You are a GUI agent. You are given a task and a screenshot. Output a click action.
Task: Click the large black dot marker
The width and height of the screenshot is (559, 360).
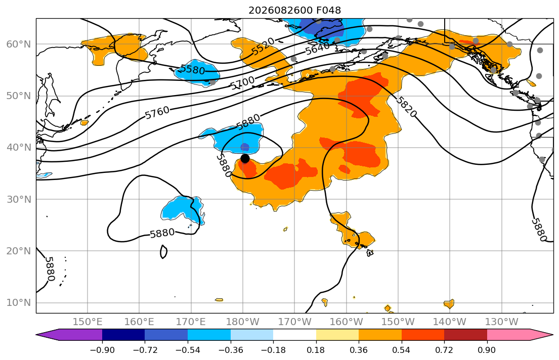click(245, 159)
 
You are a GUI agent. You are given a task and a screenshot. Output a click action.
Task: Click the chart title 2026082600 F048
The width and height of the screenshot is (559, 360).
click(294, 10)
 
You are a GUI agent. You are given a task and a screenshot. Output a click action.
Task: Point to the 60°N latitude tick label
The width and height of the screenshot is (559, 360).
click(19, 44)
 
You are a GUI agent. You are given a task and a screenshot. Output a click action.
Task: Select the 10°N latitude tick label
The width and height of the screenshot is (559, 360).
click(19, 303)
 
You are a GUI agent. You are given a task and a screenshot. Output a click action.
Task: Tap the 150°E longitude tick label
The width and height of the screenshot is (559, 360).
click(88, 322)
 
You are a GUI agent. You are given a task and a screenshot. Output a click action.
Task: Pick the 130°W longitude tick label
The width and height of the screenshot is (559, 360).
click(502, 322)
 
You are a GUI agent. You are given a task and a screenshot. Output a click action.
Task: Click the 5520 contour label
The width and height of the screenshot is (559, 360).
click(263, 47)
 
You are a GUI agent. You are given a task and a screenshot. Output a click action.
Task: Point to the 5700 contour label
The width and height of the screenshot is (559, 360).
click(242, 83)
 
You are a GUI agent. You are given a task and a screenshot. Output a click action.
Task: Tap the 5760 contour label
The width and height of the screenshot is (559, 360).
click(157, 113)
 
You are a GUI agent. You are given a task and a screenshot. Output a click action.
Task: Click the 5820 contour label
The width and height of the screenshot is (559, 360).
click(406, 106)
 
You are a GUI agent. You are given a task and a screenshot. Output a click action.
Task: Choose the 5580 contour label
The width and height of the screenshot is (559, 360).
click(193, 69)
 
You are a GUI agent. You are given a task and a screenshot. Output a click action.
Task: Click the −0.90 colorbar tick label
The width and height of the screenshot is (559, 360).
click(102, 350)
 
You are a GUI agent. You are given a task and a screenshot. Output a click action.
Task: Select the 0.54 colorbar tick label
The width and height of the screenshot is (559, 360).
click(402, 350)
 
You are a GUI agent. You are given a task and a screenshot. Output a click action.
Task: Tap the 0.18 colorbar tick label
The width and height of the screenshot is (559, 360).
click(316, 350)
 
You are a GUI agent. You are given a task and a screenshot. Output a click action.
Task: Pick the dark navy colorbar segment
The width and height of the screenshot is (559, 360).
click(123, 335)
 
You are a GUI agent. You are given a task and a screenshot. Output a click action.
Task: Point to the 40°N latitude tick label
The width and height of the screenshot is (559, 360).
click(19, 148)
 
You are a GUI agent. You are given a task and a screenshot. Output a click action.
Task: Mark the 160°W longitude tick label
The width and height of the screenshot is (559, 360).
click(347, 322)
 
